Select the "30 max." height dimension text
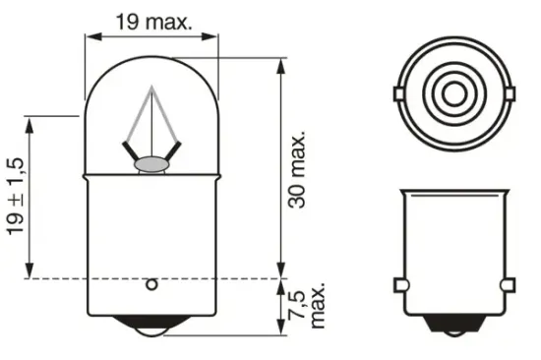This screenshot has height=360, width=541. (x=301, y=168)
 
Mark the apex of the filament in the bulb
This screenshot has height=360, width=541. (x=150, y=87)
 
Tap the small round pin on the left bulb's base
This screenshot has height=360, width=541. (x=151, y=285)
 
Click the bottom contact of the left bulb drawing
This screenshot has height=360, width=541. (x=151, y=333)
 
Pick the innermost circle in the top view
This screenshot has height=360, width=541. (x=453, y=95)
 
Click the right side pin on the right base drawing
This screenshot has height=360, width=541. (x=508, y=285)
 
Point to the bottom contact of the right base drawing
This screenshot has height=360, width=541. (x=453, y=332)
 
